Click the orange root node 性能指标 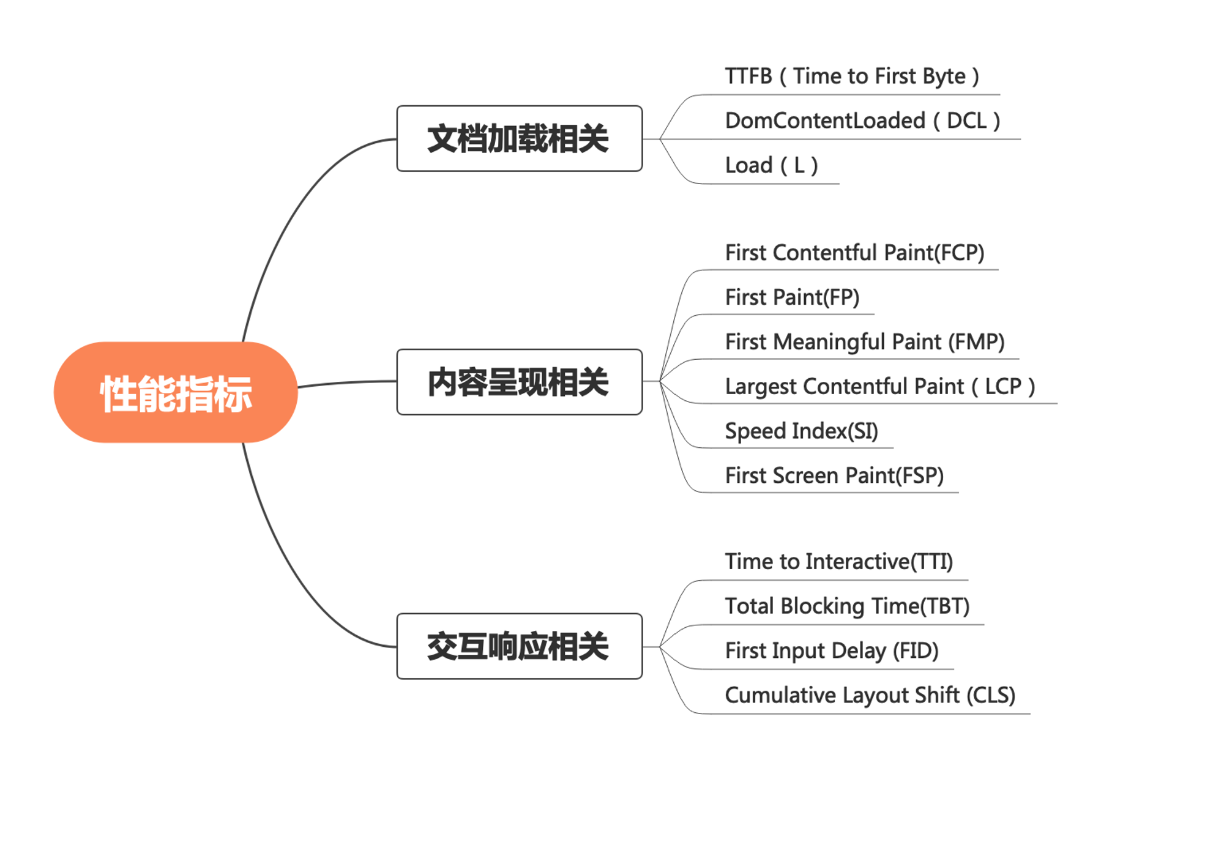(x=176, y=392)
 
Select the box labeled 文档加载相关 (x=520, y=138)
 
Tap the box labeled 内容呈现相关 (x=520, y=382)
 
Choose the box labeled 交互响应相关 (x=520, y=646)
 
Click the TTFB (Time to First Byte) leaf (x=852, y=76)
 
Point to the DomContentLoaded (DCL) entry (x=863, y=121)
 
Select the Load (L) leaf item (x=772, y=165)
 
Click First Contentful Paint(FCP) (x=854, y=253)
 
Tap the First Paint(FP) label (x=792, y=297)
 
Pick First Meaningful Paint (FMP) (x=865, y=342)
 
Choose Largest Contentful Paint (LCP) (x=880, y=387)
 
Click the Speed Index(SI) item (x=801, y=431)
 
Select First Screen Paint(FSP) (x=834, y=475)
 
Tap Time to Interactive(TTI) (x=838, y=562)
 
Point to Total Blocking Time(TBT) (x=847, y=606)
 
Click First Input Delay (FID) (x=832, y=651)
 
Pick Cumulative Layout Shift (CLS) (x=870, y=696)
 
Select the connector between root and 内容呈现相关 (x=347, y=383)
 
